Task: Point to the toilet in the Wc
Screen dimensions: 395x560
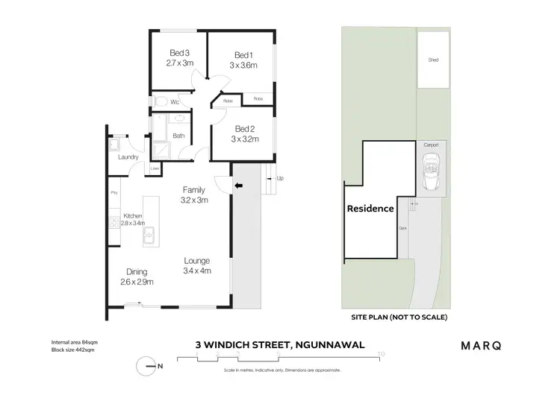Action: pyautogui.click(x=159, y=101)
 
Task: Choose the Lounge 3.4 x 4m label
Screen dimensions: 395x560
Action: pyautogui.click(x=197, y=265)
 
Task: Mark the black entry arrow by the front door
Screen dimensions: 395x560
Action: pyautogui.click(x=239, y=186)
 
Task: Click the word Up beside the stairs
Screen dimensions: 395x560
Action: pyautogui.click(x=280, y=179)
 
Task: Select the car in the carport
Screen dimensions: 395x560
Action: pyautogui.click(x=432, y=171)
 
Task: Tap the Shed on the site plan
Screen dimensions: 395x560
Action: pyautogui.click(x=432, y=60)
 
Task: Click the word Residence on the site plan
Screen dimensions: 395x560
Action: pyautogui.click(x=370, y=209)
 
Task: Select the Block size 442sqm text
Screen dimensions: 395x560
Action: pyautogui.click(x=69, y=349)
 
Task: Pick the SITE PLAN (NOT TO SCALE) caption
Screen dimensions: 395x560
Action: pyautogui.click(x=399, y=317)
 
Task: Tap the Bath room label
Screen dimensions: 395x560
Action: pyautogui.click(x=178, y=136)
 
